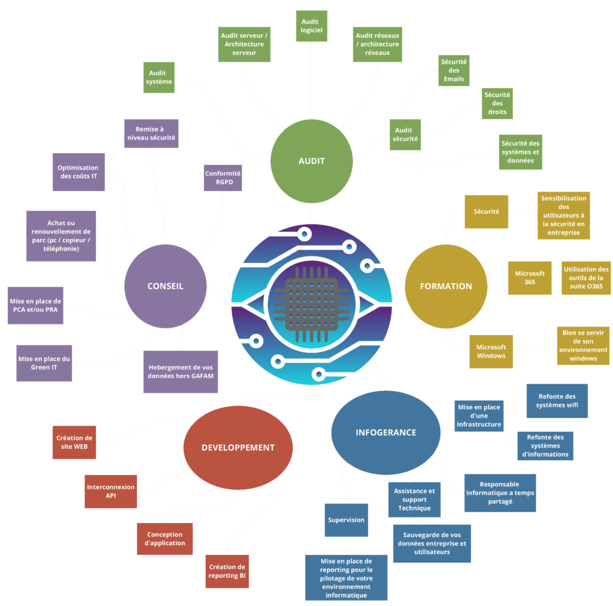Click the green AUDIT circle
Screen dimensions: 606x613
(311, 161)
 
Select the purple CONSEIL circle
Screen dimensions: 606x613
(165, 286)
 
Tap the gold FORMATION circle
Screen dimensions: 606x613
(446, 286)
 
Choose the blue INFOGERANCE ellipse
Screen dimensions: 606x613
(386, 432)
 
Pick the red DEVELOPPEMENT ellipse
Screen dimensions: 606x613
(238, 447)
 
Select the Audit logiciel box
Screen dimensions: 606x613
(311, 26)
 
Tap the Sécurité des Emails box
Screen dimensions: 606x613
(454, 70)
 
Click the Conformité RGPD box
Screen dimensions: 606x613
(223, 178)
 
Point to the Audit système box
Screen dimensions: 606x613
(159, 77)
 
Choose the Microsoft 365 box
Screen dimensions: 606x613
(530, 278)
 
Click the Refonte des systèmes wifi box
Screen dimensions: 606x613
(557, 401)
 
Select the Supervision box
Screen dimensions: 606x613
(346, 520)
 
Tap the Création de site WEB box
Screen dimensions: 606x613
(74, 442)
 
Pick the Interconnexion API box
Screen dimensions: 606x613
(110, 492)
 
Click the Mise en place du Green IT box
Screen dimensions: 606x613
(44, 363)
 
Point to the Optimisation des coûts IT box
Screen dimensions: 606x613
(78, 172)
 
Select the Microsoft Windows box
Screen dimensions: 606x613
(491, 352)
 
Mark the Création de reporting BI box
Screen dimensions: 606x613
(227, 571)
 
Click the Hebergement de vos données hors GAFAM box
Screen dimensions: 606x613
(181, 371)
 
